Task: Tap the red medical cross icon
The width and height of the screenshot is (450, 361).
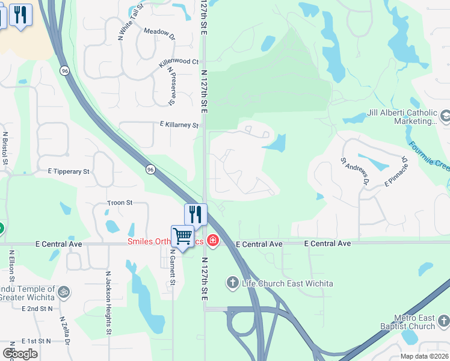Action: pyautogui.click(x=212, y=241)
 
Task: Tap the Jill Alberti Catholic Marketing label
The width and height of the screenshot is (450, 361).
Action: pyautogui.click(x=402, y=117)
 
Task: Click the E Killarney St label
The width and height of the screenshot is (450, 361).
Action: pyautogui.click(x=179, y=125)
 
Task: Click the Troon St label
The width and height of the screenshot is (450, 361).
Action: pyautogui.click(x=120, y=203)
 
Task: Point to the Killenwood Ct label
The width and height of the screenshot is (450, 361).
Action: pyautogui.click(x=179, y=62)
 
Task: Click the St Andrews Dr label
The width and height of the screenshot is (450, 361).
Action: pyautogui.click(x=355, y=170)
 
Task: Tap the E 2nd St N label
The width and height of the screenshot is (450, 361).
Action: pyautogui.click(x=37, y=308)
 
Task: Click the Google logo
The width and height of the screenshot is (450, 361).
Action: pyautogui.click(x=20, y=354)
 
